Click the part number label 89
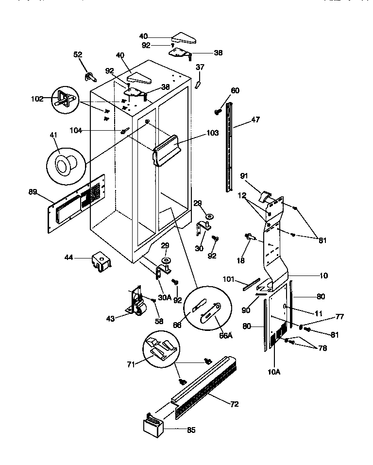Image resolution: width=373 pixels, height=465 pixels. pos(33,192)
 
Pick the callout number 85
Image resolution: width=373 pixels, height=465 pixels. pos(191,430)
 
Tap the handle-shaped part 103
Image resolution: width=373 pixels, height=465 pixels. pos(167,151)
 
